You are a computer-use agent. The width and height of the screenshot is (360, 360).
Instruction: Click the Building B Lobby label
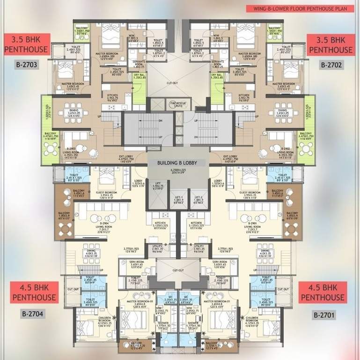coord(180,163)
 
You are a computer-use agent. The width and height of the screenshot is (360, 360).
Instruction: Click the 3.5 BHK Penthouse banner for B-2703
coord(26,45)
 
